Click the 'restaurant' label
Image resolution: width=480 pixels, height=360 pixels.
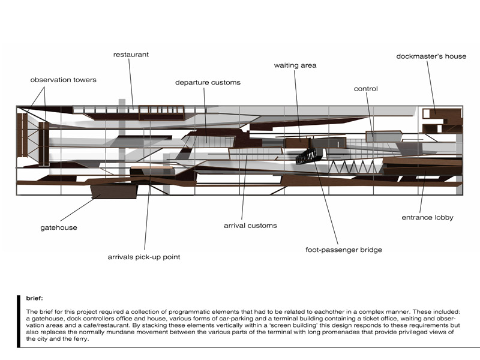[x=131, y=55]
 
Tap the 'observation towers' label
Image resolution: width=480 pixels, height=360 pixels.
[x=63, y=80]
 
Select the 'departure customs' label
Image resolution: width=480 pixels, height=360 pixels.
[x=208, y=82]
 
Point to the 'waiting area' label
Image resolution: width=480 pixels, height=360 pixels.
[x=295, y=65]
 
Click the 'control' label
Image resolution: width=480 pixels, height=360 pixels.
[x=365, y=89]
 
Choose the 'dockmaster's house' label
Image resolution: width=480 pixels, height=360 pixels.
[x=431, y=56]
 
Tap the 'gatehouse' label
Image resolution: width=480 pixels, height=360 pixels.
[x=59, y=228]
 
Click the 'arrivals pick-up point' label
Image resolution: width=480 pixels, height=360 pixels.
[x=144, y=257]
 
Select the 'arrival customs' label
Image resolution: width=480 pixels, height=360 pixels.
[x=250, y=226]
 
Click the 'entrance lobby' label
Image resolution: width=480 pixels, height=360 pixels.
[x=427, y=217]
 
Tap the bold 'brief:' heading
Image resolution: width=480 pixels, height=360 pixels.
[x=35, y=298]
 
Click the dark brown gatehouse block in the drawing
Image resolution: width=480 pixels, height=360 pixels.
[x=114, y=190]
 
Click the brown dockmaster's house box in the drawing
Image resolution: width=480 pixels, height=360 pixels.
[x=433, y=113]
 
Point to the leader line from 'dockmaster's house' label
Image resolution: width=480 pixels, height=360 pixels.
[x=432, y=84]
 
